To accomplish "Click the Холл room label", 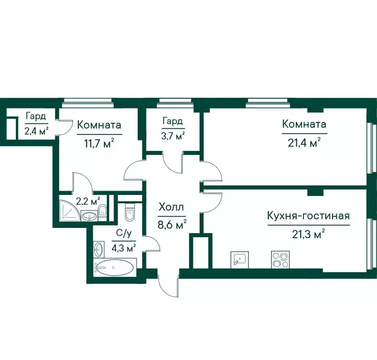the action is click(172, 207).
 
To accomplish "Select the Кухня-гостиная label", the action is click(308, 216).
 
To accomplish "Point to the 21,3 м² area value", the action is click(308, 233).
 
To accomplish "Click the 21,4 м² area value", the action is click(304, 143).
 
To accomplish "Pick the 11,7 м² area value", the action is click(99, 144).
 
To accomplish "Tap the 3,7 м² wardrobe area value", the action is click(173, 136).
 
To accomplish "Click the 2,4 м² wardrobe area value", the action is click(36, 131).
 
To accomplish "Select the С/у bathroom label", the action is click(124, 233).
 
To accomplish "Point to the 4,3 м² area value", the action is click(124, 248).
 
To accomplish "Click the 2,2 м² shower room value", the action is click(88, 201).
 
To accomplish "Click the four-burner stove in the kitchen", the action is click(280, 260).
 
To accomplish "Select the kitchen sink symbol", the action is click(239, 260).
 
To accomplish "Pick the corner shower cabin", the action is click(70, 210).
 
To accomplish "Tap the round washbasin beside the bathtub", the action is click(99, 250).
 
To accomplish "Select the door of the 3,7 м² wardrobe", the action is click(173, 163).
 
